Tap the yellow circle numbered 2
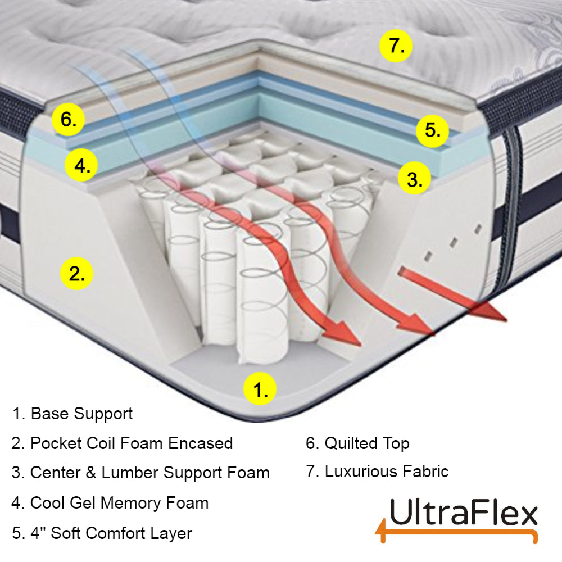coord(76,274)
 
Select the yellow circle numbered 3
coord(414,180)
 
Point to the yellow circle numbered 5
coord(433,131)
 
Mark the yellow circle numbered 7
coord(396,46)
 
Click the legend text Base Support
coord(81,414)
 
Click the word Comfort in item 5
coord(127,532)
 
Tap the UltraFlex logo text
coord(463,514)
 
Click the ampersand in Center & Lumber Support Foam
coord(89,473)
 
